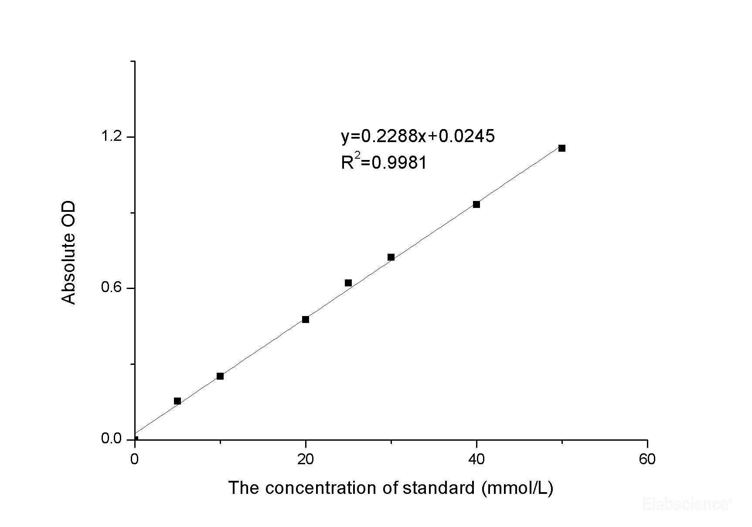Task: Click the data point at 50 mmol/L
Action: coord(562,148)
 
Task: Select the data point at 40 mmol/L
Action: coord(476,204)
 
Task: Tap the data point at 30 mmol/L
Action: coord(391,257)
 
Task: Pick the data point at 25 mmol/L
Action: coord(348,283)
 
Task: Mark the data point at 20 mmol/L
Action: coord(306,320)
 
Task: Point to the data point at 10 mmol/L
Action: coord(220,376)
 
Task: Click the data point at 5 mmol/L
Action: coord(177,401)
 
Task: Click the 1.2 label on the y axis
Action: coord(111,137)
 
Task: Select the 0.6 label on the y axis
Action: coord(111,288)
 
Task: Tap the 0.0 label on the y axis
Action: coord(111,439)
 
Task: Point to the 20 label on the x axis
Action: coord(306,459)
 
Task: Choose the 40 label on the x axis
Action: coord(476,459)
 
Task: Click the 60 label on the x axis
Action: coord(647,459)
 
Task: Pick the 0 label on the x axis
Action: coord(135,459)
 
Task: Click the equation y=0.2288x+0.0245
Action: coord(418,136)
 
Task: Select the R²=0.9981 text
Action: coord(384,163)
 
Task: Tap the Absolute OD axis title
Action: coord(69,252)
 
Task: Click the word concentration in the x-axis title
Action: coord(321,488)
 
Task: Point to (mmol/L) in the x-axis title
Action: coord(517,488)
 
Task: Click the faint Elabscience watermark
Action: coord(687,504)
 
